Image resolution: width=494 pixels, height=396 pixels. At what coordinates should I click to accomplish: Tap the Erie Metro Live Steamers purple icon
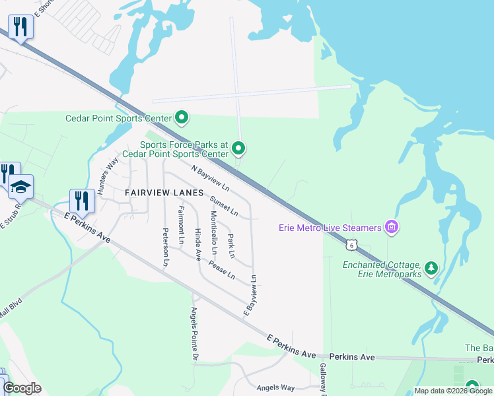(x=392, y=228)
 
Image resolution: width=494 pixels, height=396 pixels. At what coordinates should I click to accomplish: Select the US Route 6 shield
(x=352, y=245)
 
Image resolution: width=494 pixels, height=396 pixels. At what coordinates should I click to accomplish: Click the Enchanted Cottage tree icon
(x=431, y=267)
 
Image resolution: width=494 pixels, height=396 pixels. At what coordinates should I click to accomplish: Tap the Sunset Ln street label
(x=224, y=206)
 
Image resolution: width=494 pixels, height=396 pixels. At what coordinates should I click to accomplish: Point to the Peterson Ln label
(x=165, y=247)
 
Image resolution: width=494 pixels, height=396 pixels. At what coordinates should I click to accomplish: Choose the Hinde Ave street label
(x=197, y=244)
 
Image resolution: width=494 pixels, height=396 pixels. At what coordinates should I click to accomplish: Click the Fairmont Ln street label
(x=180, y=224)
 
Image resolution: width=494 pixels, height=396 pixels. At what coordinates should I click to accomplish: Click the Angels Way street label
(x=275, y=387)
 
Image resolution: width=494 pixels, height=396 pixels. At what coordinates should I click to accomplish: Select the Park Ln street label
(x=231, y=246)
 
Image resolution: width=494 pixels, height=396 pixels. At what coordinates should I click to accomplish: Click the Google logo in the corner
(x=22, y=388)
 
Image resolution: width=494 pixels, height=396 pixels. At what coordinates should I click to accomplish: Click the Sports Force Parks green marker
(x=239, y=148)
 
